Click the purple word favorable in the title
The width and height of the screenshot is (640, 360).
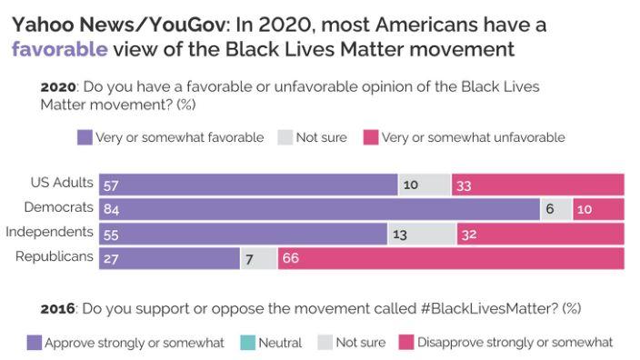(x=60, y=49)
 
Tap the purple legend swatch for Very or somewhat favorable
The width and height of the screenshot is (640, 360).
(x=85, y=137)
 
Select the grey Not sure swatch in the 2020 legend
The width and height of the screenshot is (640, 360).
(x=285, y=137)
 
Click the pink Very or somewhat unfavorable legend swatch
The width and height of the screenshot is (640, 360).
(x=371, y=137)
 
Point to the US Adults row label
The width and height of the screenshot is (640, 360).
(x=62, y=183)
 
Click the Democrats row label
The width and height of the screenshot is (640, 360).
(x=59, y=207)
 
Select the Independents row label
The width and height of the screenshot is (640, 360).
(x=49, y=232)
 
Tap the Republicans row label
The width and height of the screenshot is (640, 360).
(x=55, y=256)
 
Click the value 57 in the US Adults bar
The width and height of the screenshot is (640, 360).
(x=111, y=185)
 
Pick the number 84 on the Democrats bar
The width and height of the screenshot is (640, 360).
(x=111, y=209)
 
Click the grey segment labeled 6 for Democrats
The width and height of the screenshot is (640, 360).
(x=556, y=209)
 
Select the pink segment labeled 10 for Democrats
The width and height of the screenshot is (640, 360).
(x=598, y=209)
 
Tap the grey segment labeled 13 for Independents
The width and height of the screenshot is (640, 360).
(x=422, y=235)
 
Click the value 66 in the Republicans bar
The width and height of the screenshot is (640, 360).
(x=291, y=258)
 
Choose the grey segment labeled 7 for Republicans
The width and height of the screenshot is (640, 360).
(x=259, y=259)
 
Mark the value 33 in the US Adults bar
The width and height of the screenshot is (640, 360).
(x=464, y=185)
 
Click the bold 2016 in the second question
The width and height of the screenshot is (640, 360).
(x=57, y=308)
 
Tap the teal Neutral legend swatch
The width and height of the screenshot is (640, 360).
(x=248, y=343)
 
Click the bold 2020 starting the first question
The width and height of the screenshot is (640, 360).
(x=58, y=87)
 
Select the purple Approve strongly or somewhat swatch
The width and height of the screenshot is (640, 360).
(x=35, y=343)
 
